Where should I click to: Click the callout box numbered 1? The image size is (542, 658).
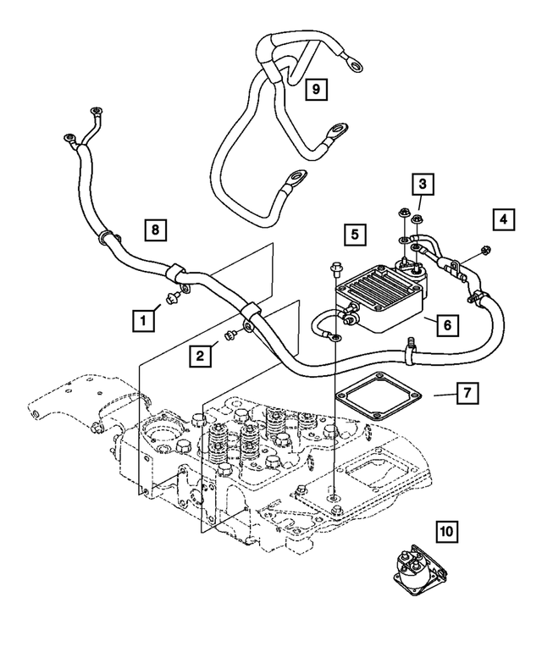pos(144,319)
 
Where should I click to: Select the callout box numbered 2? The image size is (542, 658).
pos(200,356)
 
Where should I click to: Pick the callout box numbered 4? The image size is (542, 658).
pos(504,219)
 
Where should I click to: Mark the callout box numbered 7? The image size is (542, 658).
pos(466,394)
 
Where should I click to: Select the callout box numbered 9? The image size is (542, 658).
pos(314,87)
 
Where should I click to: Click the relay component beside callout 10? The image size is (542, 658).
pos(416,567)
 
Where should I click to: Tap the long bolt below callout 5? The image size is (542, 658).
pos(334,271)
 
